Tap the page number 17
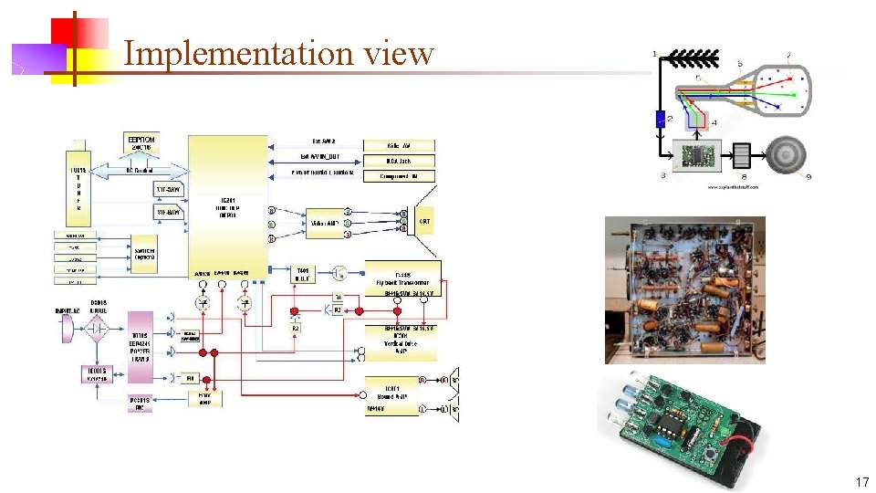coord(861,481)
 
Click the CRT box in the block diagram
coord(425,220)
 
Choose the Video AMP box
coord(325,222)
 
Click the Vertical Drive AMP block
coord(401,341)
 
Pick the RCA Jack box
coord(399,161)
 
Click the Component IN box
coord(399,175)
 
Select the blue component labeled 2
coord(661,118)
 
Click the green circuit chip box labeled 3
coord(695,155)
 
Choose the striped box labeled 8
coord(740,155)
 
